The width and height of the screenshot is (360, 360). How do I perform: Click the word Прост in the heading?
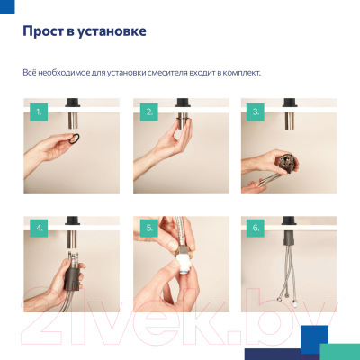click(41, 32)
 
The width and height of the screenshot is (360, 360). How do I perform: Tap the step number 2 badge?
click(148, 112)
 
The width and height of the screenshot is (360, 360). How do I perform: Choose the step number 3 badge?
click(256, 112)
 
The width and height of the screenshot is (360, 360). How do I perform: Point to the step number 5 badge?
click(148, 228)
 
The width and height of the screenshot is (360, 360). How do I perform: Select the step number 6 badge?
click(256, 228)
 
